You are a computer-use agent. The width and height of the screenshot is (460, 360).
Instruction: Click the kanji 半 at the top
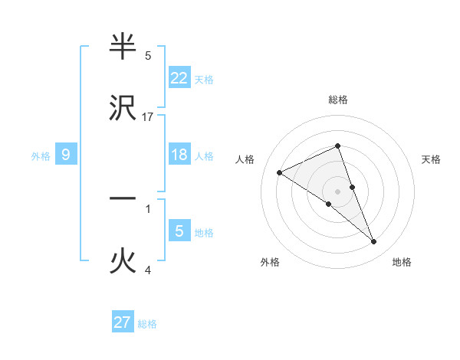[x=123, y=47]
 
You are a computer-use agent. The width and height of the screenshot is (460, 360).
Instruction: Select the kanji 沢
[x=123, y=109]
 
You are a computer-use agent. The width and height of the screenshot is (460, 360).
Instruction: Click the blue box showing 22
[x=179, y=77]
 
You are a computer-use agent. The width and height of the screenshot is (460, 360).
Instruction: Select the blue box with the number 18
[x=179, y=155]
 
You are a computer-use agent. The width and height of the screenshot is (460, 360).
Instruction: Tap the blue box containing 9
[x=66, y=155]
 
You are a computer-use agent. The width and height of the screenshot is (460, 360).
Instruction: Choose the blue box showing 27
[x=123, y=322]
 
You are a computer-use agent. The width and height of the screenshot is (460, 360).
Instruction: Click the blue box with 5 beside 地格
[x=179, y=231]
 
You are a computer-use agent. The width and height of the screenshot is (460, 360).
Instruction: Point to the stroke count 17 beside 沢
[x=148, y=116]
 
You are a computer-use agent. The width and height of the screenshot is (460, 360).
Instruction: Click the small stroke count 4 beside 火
[x=148, y=270]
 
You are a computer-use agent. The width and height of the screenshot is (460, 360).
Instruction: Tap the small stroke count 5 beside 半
[x=148, y=55]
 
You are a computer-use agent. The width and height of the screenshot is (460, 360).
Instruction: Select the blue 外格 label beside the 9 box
[x=41, y=156]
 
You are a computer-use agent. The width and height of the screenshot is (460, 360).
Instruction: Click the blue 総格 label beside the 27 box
[x=147, y=324]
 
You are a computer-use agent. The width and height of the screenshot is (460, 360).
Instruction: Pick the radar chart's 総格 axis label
[x=338, y=100]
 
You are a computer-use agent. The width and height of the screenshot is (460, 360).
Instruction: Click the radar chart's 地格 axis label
[x=402, y=262]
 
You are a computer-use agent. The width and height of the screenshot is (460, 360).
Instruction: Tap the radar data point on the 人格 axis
[x=280, y=173]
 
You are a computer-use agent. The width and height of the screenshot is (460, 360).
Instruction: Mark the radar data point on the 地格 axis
[x=374, y=242]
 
